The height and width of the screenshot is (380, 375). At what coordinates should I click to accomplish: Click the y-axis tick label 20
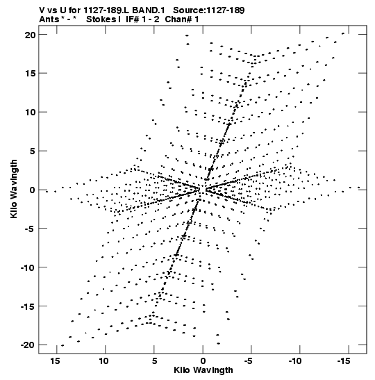pos(31,35)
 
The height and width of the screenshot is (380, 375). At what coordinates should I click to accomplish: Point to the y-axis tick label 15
pos(31,73)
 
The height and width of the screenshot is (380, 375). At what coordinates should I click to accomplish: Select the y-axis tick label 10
pos(31,113)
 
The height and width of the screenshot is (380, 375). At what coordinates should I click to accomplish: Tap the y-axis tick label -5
pos(29,229)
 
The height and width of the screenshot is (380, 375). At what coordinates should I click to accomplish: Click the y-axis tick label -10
pos(27,267)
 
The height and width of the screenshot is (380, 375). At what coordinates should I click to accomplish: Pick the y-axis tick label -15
pos(27,306)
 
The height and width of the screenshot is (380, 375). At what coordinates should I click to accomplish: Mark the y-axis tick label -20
pos(27,345)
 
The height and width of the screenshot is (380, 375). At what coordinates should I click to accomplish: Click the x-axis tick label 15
pos(55,361)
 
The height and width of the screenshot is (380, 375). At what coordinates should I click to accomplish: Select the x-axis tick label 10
pos(103,361)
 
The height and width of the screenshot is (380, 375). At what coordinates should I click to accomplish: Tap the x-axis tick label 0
pos(203,361)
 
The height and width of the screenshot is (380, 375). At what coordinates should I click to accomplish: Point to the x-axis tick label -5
pos(249,361)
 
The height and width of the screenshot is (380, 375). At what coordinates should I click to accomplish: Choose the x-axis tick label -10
pos(295,361)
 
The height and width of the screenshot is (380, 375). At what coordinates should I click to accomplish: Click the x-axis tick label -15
pos(344,361)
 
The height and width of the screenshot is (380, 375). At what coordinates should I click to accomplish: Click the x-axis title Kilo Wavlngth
pos(203,370)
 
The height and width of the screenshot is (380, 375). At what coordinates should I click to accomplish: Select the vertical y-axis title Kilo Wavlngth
pos(14,189)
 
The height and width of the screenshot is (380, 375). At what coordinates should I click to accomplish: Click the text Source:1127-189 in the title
pos(209,10)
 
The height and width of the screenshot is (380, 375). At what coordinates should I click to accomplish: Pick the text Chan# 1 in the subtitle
pos(182,19)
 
